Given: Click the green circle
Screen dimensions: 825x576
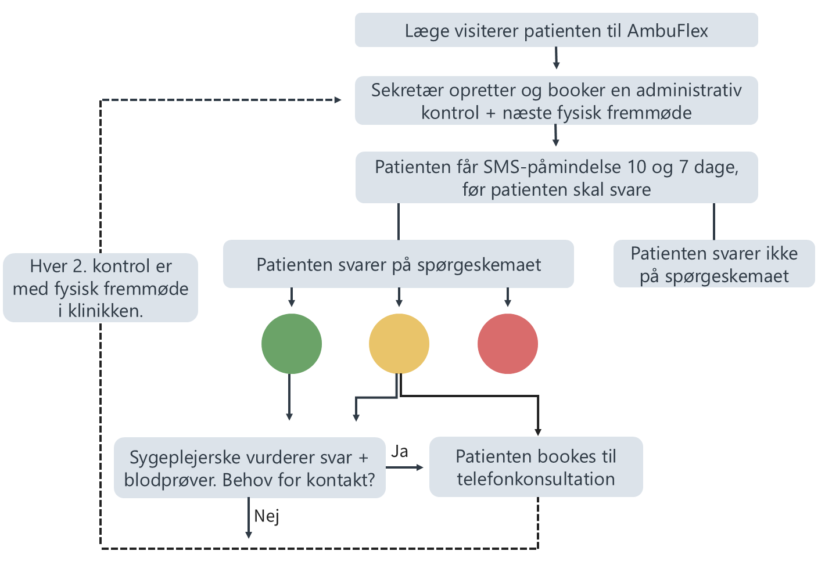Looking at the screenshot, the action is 291,343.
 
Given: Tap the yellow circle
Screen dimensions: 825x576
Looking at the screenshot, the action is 399,343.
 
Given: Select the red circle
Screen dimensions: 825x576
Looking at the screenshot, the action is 508,343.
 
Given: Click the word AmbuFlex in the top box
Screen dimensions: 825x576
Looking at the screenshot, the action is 668,31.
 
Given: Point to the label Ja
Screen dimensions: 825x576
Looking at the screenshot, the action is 399,451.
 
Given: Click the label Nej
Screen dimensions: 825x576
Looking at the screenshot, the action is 266,516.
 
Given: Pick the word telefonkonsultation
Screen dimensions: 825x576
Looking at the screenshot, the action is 536,479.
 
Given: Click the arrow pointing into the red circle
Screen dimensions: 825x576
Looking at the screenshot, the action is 508,297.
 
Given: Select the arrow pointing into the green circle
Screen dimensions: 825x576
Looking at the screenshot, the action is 291,297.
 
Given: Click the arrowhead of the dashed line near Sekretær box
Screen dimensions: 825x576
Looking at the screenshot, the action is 338,100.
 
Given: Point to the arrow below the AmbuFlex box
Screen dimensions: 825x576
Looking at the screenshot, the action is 556,58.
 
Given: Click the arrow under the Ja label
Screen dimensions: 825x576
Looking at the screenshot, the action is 404,467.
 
